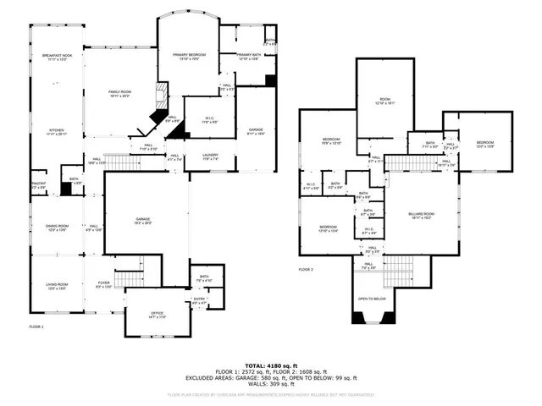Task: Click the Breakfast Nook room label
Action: coord(58,57)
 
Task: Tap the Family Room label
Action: coord(119,93)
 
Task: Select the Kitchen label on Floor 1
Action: coord(58,131)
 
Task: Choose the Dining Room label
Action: coord(58,227)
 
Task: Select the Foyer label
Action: coord(103,284)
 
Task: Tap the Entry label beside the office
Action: coord(199,298)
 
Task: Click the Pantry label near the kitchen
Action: coord(38,184)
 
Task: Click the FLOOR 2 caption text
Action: coord(306,269)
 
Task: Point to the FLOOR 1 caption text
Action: coord(36,326)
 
